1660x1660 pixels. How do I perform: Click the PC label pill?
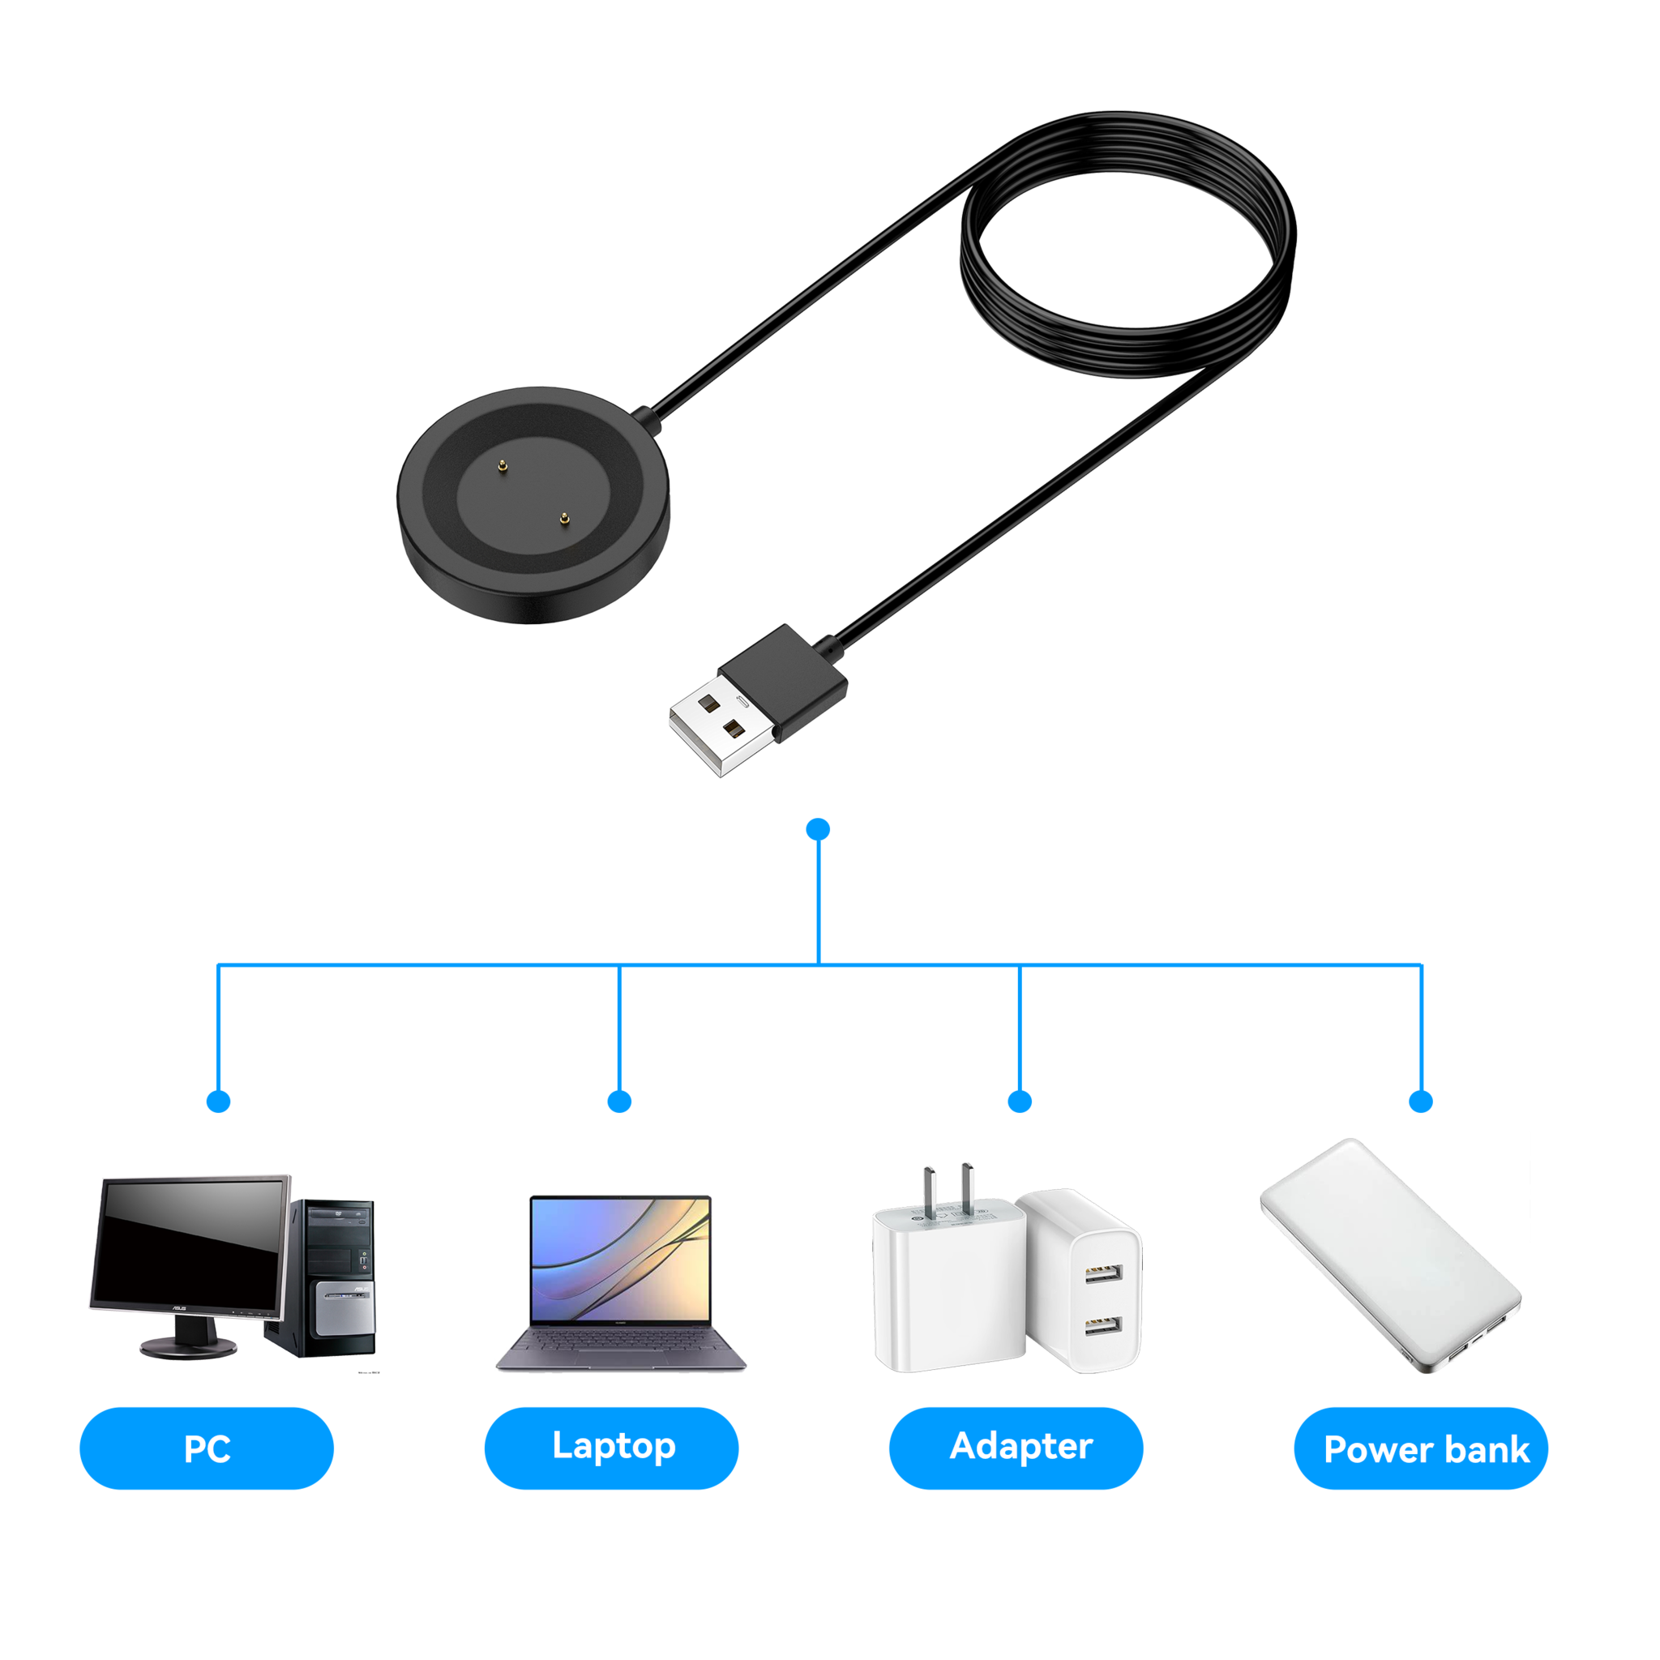[x=206, y=1448]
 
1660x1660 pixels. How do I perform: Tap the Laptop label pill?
[x=611, y=1447]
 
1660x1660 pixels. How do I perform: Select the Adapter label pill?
[x=1016, y=1447]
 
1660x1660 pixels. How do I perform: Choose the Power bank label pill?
[x=1421, y=1448]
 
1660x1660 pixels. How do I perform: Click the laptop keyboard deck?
[x=620, y=1346]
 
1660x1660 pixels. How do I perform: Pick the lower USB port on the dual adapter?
[x=1102, y=1327]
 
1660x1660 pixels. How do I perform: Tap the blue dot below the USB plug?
[x=819, y=829]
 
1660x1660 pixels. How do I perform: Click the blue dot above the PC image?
[x=219, y=1102]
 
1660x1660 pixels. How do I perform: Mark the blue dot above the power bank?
[x=1422, y=1102]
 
